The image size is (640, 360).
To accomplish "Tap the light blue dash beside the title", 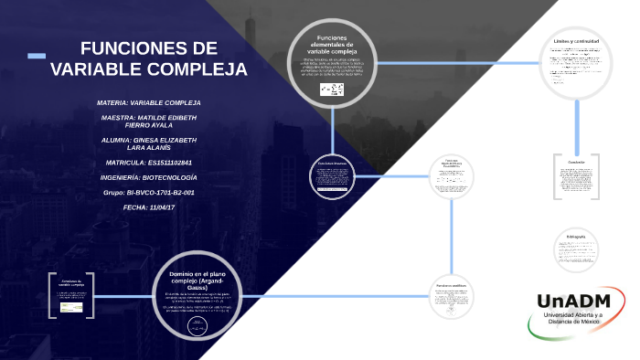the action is (37, 58).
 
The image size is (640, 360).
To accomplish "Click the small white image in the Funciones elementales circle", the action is (331, 89).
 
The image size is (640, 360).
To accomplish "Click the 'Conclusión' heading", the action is (576, 162).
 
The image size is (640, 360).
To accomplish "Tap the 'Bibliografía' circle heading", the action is (576, 237).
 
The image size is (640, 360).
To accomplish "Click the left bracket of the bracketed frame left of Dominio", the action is (51, 293).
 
